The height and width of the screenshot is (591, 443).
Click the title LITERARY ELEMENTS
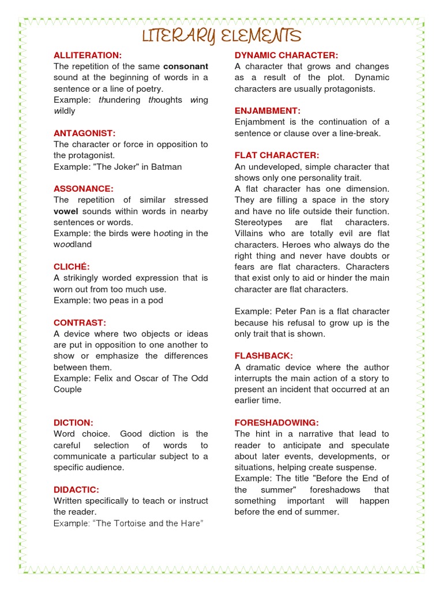tap(222, 36)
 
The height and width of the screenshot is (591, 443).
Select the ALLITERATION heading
tap(88, 55)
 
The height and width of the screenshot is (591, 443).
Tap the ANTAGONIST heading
tap(85, 133)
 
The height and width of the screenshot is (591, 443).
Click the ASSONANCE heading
tap(84, 189)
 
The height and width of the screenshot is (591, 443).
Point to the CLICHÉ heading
tap(72, 267)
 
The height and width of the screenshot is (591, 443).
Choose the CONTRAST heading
tap(80, 323)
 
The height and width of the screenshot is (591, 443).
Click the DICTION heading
tap(73, 422)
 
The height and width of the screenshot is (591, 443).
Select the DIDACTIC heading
tap(76, 489)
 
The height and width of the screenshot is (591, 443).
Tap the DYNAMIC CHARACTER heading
tap(286, 55)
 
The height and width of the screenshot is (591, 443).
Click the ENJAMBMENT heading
tap(268, 111)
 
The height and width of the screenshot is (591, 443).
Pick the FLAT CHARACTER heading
tap(277, 156)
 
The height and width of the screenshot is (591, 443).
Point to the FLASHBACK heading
tap(264, 356)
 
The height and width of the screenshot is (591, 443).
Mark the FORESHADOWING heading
tap(276, 422)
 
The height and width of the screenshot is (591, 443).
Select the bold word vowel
tap(66, 211)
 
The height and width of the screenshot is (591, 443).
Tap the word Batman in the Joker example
tap(167, 167)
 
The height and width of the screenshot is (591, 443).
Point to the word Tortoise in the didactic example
tap(132, 523)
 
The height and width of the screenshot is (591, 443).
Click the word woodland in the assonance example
tap(73, 245)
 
